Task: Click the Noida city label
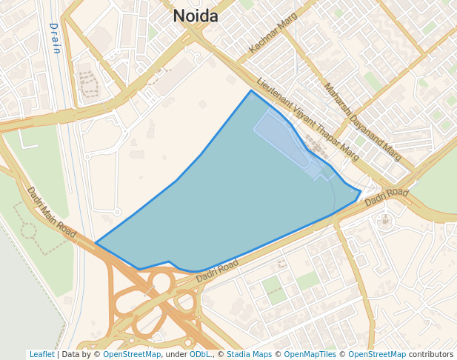(196, 16)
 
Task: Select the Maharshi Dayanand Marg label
(362, 121)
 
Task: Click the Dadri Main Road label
(52, 213)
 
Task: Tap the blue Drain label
(55, 38)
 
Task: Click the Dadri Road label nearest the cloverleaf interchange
(217, 270)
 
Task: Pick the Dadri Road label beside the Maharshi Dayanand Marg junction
(387, 197)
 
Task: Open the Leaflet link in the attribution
(41, 354)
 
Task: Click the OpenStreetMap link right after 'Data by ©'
(132, 354)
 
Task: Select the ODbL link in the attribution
(199, 354)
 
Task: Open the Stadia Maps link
(250, 354)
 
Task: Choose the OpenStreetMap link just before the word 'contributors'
(377, 354)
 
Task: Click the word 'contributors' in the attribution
(431, 354)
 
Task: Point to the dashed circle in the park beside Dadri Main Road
(28, 230)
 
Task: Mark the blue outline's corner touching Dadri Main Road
(96, 243)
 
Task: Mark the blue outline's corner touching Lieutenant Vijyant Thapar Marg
(251, 91)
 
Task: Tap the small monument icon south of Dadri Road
(384, 220)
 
